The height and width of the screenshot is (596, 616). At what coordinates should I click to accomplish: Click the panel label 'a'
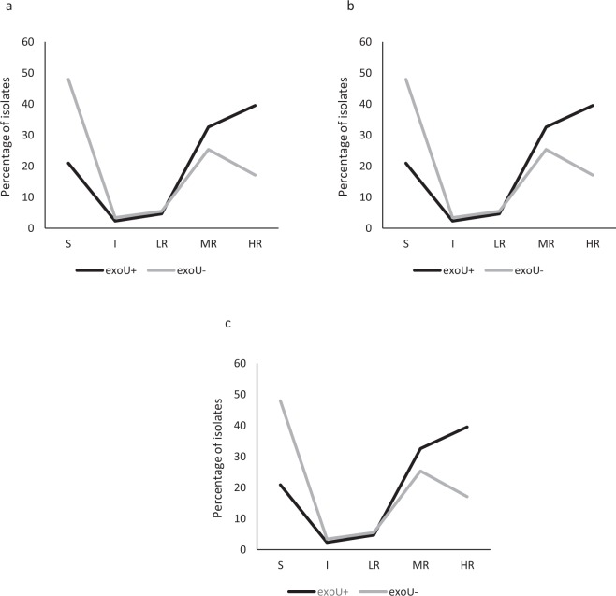pos(8,7)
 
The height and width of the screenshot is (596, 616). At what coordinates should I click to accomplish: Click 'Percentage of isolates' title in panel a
pos(8,136)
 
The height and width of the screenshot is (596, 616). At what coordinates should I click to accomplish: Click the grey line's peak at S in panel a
pos(67,79)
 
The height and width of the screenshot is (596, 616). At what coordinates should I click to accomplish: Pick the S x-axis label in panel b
pos(406,243)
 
